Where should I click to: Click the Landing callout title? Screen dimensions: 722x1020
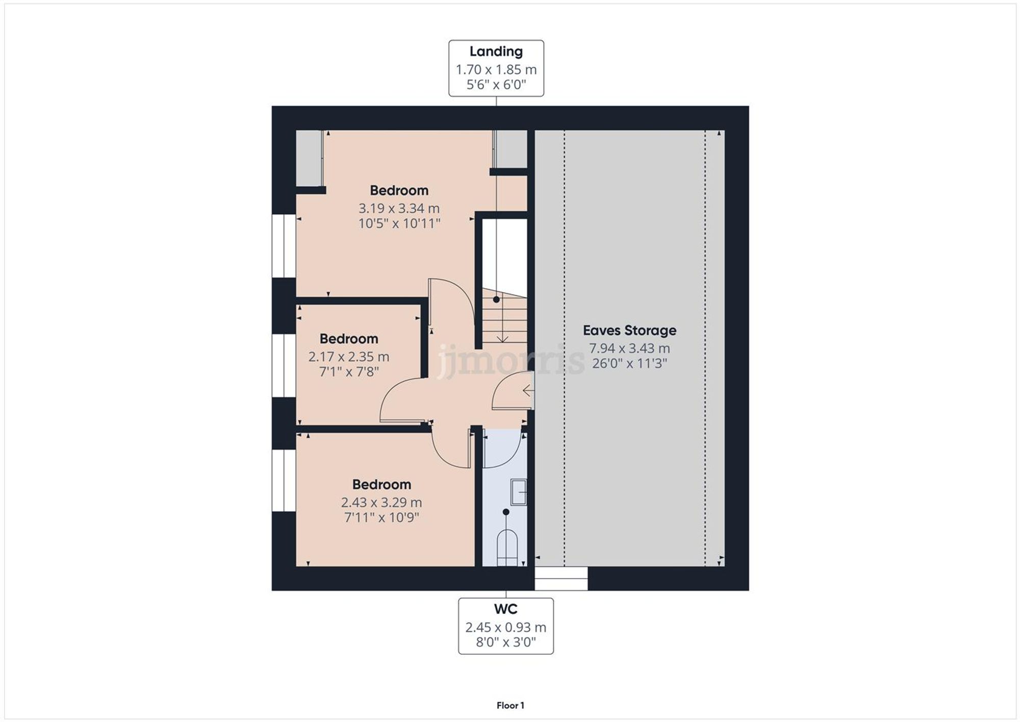[496, 52]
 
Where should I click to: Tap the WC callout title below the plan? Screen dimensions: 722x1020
[505, 609]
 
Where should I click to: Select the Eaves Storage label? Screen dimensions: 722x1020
[629, 331]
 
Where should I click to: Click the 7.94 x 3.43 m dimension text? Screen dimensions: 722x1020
[629, 348]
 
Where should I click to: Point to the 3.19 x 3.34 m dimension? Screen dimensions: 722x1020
[399, 208]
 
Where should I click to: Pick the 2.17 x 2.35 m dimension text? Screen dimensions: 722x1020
[348, 357]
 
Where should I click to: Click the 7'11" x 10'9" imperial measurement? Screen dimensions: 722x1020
[381, 517]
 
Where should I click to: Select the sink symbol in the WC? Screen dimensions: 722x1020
[518, 492]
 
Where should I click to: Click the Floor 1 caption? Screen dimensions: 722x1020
[510, 705]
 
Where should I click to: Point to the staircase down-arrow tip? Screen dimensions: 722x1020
[502, 340]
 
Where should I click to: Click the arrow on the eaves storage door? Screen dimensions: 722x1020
[528, 391]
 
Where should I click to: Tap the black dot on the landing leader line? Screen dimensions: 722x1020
[496, 300]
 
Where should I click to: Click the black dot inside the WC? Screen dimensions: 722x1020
[505, 512]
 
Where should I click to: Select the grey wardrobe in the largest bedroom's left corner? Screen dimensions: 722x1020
[309, 158]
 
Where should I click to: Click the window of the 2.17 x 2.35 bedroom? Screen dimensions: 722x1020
[284, 365]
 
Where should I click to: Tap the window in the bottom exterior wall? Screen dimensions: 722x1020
[561, 579]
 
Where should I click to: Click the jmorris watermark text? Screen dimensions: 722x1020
[510, 360]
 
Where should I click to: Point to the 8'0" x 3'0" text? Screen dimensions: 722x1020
[505, 642]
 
